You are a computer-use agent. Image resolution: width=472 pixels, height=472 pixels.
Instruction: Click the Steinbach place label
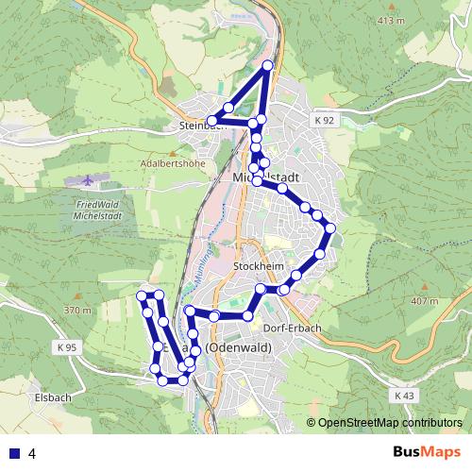[x=197, y=124]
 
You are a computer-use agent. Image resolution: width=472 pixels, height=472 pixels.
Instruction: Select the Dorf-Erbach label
[x=294, y=329]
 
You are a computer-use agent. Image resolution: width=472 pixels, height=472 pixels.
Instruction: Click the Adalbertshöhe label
[x=172, y=162]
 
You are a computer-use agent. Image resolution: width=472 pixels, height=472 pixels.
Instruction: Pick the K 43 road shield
[x=404, y=395]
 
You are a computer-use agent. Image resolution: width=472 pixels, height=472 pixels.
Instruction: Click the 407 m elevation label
[x=426, y=301]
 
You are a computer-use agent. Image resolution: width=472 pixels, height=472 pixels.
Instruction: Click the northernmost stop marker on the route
[x=268, y=65]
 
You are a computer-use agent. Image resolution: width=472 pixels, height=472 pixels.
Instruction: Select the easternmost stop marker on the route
[x=330, y=228]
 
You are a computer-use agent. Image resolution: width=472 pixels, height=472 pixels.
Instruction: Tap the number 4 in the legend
[x=32, y=453]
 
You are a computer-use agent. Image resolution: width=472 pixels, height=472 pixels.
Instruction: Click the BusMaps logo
[x=428, y=453]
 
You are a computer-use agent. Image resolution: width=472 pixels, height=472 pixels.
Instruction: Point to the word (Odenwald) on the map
[x=238, y=348]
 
